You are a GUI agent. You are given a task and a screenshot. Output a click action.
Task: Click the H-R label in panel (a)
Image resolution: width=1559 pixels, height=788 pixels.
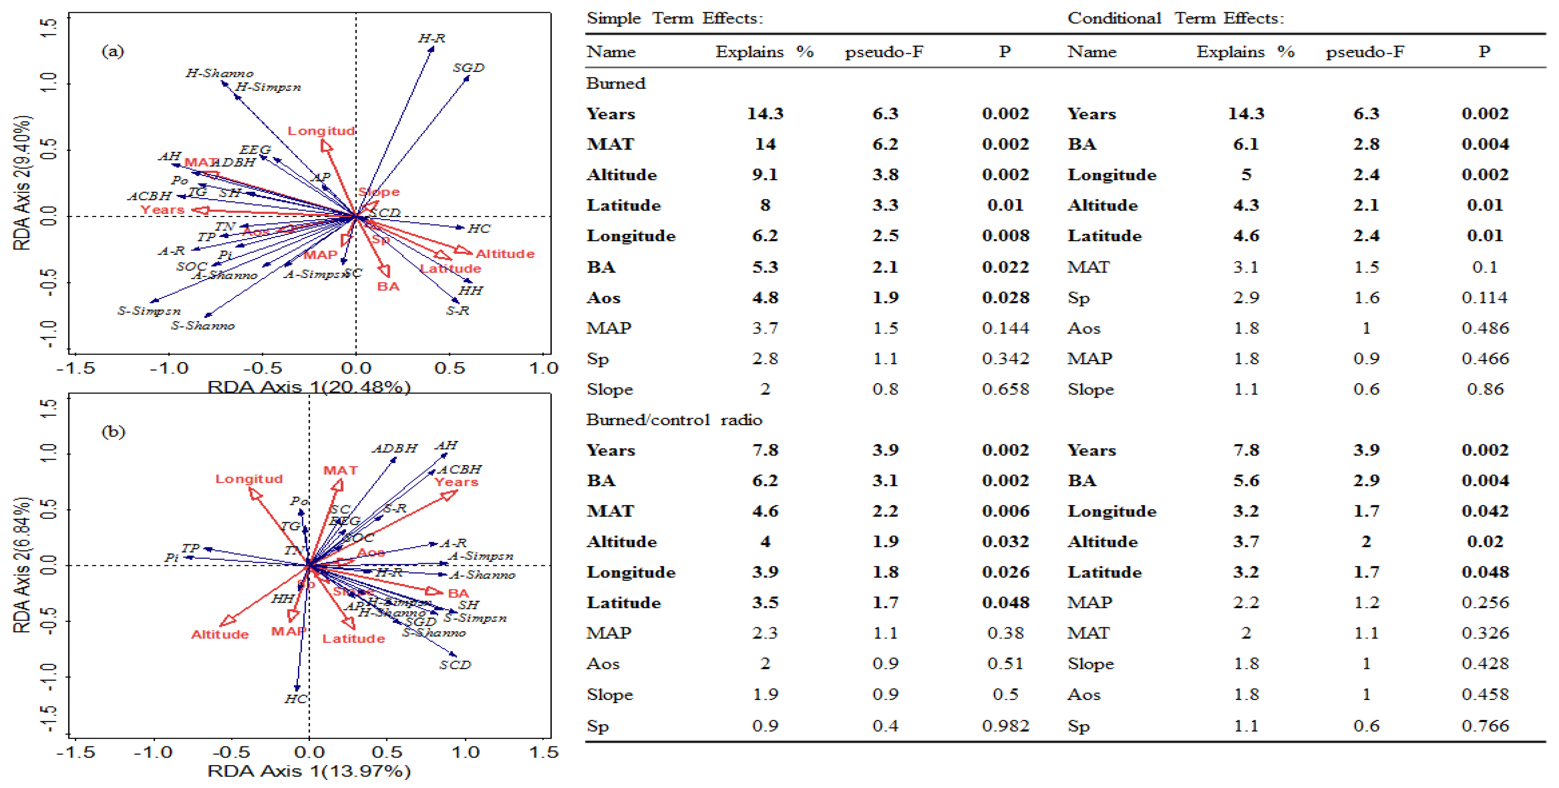[x=432, y=38]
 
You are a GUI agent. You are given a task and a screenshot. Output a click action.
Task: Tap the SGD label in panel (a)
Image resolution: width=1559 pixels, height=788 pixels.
[x=469, y=68]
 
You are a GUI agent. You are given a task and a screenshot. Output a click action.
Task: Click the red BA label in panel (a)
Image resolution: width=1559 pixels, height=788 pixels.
[x=388, y=286]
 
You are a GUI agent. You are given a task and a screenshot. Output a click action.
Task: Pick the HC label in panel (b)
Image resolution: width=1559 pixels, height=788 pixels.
[x=295, y=699]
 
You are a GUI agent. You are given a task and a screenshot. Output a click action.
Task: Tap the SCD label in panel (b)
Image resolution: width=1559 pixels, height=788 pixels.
[x=455, y=665]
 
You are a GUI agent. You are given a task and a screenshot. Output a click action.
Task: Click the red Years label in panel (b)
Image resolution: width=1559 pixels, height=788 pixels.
[x=456, y=482]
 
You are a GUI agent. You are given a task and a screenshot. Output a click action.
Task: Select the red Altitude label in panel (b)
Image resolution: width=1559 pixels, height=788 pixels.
[x=220, y=634]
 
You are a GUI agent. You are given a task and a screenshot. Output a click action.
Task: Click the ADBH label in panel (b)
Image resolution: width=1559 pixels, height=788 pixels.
[x=394, y=448]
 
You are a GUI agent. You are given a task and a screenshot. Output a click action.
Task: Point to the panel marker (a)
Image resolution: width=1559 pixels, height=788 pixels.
[x=113, y=51]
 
